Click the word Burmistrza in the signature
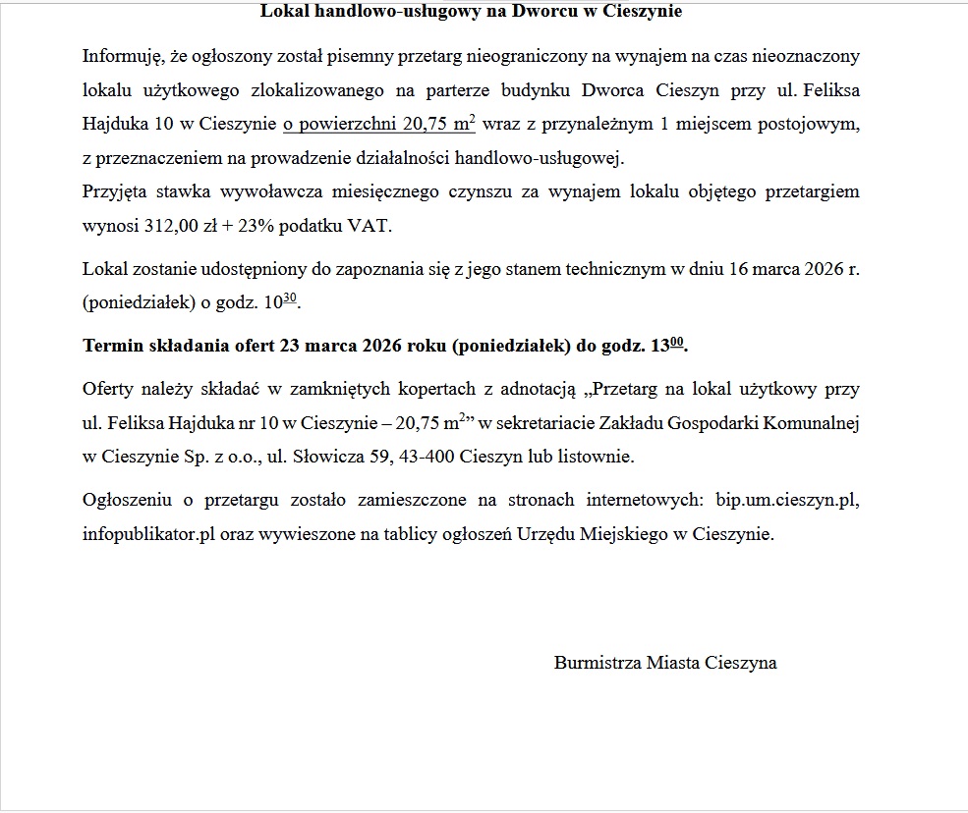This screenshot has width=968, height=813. click(598, 663)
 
